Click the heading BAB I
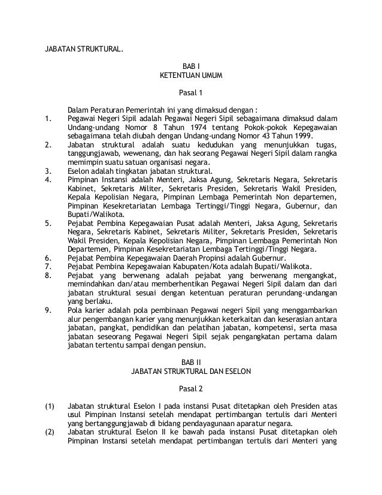pos(191,65)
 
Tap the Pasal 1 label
pos(191,93)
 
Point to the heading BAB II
pos(191,361)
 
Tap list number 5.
pos(48,223)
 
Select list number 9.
pos(48,310)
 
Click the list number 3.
pos(48,170)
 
